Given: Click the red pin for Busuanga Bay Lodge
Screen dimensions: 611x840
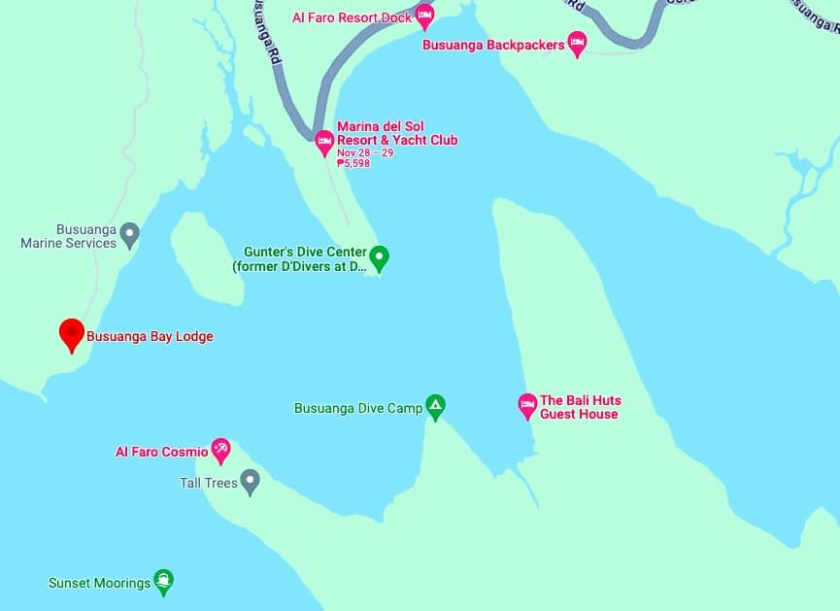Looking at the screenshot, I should click(71, 333).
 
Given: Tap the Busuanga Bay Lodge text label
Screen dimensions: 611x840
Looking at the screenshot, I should click(150, 337).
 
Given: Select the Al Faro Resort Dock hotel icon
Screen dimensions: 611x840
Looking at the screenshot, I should click(424, 15).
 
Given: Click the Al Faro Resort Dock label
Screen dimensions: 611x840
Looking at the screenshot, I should click(352, 17).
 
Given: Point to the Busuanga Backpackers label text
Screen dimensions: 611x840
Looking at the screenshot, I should click(493, 45).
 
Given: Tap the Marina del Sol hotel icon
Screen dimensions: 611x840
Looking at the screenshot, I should click(325, 141).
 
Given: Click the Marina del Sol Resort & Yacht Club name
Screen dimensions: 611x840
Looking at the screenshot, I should click(396, 133).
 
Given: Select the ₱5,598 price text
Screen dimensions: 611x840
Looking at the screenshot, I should click(353, 163).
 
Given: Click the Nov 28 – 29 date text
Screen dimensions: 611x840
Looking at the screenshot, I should click(365, 153).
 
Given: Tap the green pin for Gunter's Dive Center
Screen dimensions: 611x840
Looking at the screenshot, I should click(380, 256).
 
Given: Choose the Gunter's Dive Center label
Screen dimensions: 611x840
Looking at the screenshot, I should click(299, 258).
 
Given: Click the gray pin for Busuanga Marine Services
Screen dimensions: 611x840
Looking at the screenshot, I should click(130, 233).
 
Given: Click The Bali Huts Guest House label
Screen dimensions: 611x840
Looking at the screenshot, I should click(580, 407).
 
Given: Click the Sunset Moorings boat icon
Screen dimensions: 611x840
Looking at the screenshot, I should click(164, 581).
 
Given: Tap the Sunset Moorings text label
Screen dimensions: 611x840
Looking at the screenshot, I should click(99, 584).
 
